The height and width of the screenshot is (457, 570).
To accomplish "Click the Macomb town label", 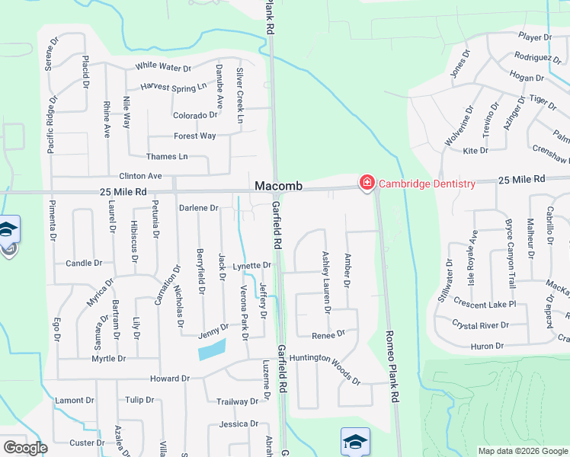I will pos(278,186).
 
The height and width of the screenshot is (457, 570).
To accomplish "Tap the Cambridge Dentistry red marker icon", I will pos(367,183).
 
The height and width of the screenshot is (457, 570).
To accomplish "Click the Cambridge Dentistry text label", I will pos(427,184).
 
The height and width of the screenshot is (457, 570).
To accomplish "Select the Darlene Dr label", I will pos(198,208).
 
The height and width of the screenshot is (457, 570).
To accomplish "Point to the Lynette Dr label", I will pos(252,266).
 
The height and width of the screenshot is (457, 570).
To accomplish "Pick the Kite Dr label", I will pos(476,151).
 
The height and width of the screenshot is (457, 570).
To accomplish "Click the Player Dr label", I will pos(534,37).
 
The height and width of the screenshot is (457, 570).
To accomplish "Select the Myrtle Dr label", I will pos(108,359).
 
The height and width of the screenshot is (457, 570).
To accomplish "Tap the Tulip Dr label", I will pos(139,400).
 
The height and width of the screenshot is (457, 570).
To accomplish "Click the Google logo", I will pos(25,448).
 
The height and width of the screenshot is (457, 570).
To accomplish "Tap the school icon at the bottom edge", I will pos(355,443).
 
